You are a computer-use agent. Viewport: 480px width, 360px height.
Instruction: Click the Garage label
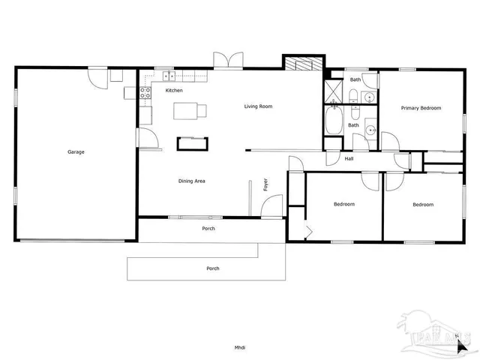76,152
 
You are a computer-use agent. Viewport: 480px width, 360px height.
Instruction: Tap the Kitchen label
174,91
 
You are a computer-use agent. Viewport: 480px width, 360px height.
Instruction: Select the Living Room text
258,106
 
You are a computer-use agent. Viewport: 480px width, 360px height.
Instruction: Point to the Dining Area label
192,181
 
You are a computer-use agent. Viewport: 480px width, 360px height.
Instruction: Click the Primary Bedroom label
421,108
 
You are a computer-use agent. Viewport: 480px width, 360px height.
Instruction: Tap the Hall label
349,159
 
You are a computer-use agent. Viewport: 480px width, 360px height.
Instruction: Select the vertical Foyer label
265,184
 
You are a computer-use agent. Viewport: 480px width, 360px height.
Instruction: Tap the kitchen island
189,111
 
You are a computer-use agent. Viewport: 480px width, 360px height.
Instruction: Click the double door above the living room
228,61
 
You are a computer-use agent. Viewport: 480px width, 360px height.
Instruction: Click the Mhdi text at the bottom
240,346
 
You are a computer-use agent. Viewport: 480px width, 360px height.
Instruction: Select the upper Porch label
209,229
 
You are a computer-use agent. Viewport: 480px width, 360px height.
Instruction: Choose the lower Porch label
213,268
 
